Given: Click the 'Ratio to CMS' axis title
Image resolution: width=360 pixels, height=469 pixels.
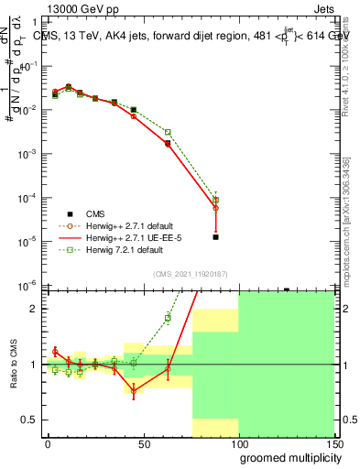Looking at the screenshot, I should [x=13, y=364].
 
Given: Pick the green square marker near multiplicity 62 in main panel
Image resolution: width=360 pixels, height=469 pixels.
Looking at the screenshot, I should [x=168, y=132].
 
